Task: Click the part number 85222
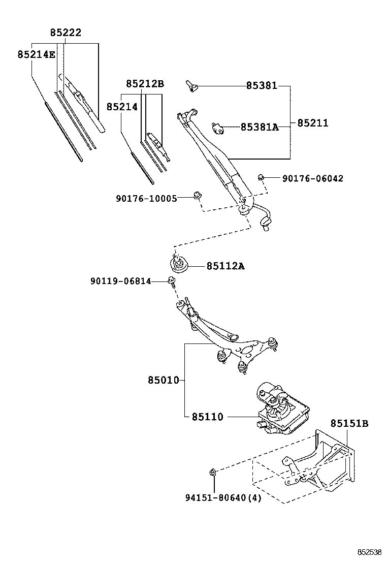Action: [x=66, y=33]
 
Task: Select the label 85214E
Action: [x=36, y=54]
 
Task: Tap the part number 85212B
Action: [x=145, y=84]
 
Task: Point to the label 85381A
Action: [x=260, y=127]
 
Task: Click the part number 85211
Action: [x=312, y=123]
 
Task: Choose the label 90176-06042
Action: [x=312, y=178]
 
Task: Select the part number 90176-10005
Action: [x=147, y=198]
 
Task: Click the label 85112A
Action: [x=225, y=266]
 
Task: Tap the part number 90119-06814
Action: [x=121, y=281]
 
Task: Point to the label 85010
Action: [x=163, y=380]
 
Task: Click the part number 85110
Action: [x=207, y=417]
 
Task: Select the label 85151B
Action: [x=349, y=423]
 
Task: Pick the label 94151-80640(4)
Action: [x=223, y=498]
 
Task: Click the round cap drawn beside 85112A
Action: [x=179, y=265]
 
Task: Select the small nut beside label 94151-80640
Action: [x=213, y=473]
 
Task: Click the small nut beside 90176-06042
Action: [x=261, y=177]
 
